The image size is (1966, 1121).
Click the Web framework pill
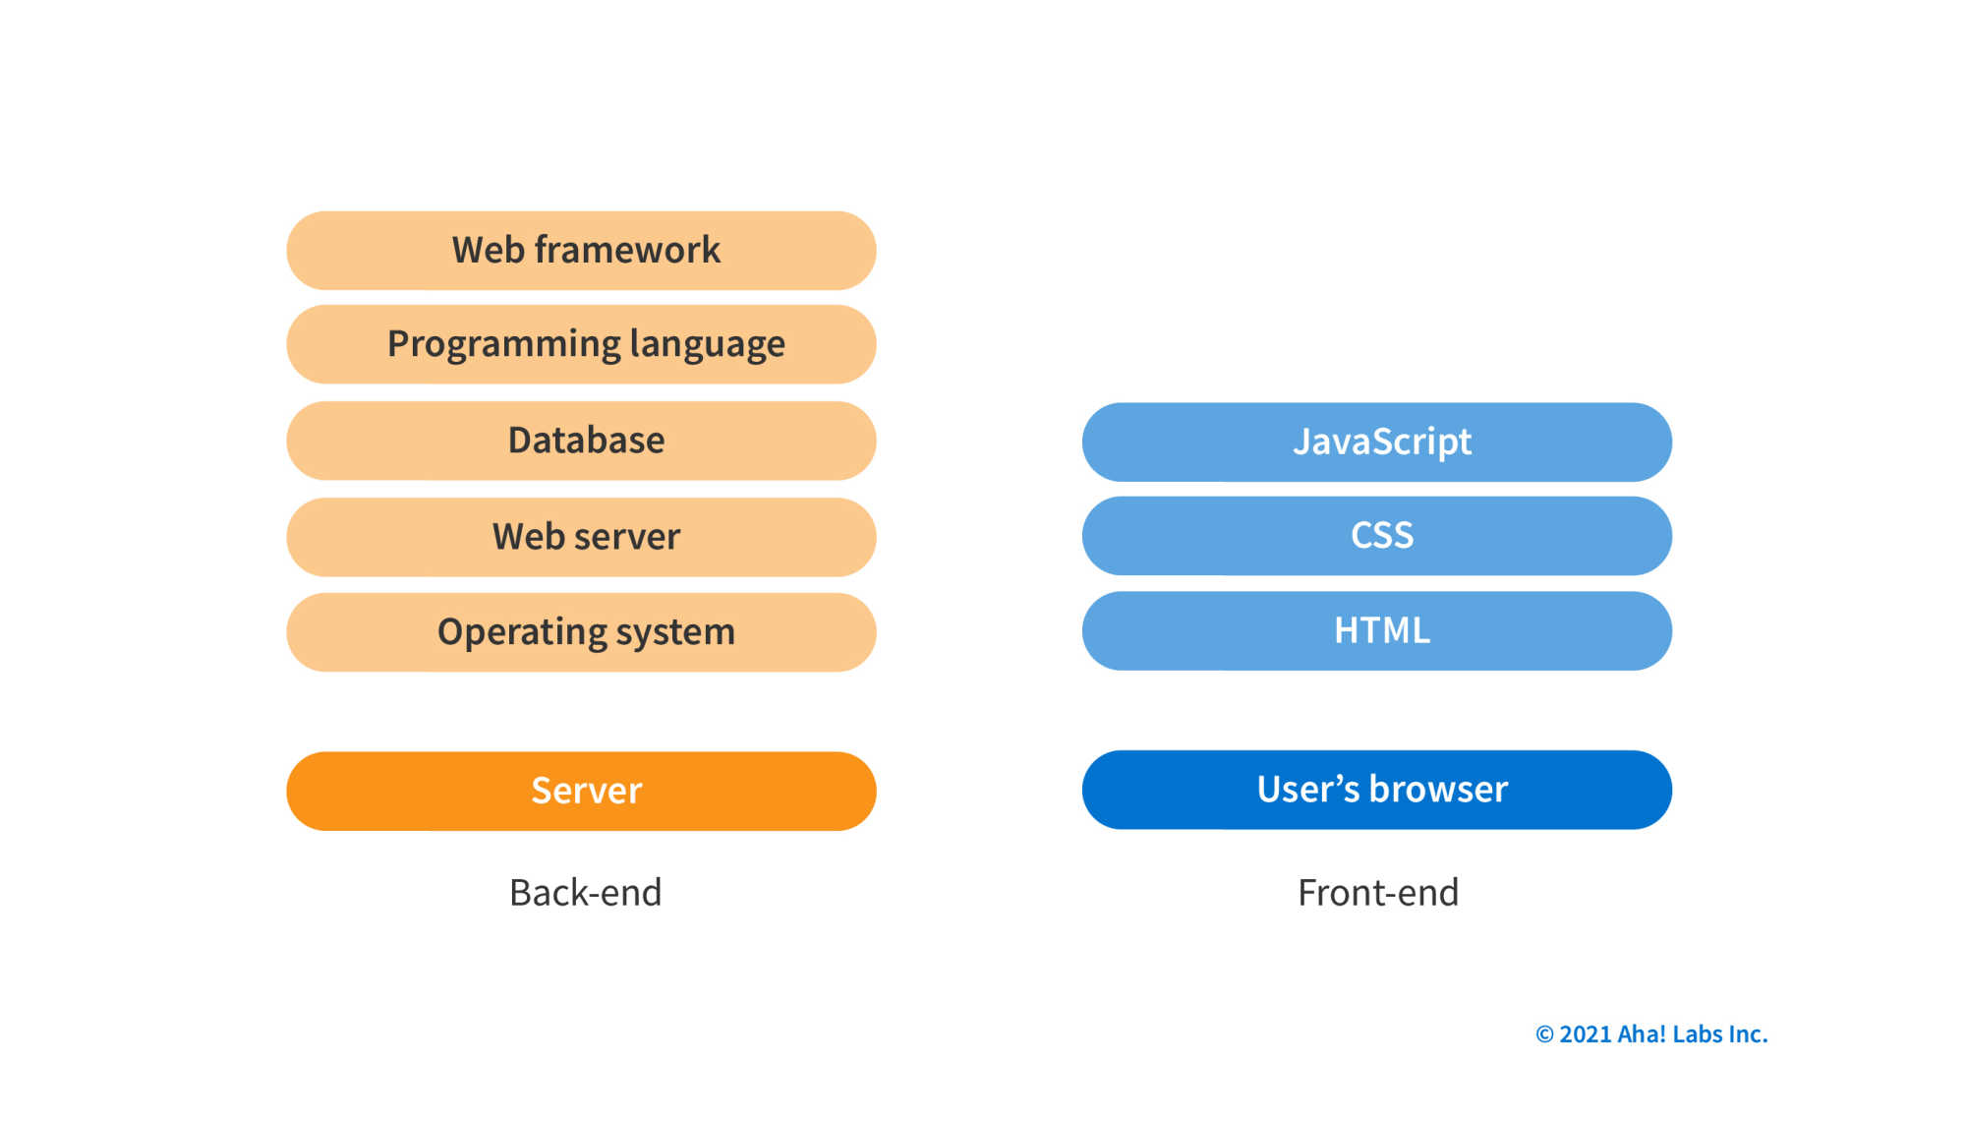[581, 250]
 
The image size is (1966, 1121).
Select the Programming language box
[581, 344]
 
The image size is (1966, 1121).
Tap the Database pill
[581, 441]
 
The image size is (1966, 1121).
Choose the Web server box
[581, 537]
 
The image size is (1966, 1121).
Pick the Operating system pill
[581, 632]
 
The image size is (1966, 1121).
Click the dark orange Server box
[581, 792]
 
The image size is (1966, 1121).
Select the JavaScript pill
[1376, 442]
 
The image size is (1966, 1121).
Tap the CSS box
[1376, 536]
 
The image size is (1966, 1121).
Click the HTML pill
[1376, 630]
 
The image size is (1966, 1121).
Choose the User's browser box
[1376, 790]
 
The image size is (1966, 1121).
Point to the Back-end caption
[586, 893]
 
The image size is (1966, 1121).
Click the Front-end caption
[1378, 893]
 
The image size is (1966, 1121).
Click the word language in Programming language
[707, 344]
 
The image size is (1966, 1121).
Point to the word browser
[1438, 790]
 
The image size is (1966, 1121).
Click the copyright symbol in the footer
[1544, 1034]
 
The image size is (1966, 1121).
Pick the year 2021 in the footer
[1585, 1034]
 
